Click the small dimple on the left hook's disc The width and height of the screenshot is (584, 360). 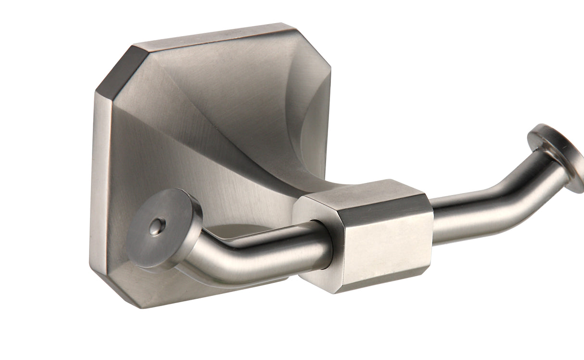click(156, 227)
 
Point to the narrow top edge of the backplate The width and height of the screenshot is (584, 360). click(212, 34)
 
